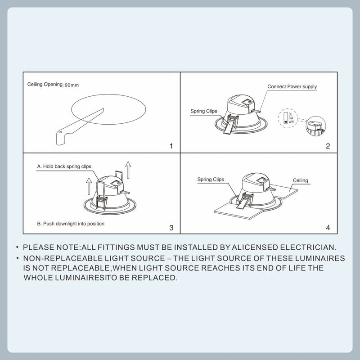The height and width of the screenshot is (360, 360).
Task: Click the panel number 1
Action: point(171,146)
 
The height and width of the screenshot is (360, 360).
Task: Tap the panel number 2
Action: point(328,146)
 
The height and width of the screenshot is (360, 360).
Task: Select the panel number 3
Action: point(171,228)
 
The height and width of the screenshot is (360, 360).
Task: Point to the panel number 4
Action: point(328,228)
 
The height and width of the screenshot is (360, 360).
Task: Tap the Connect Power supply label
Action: point(292,86)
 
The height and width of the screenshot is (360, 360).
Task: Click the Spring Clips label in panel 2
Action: point(204,111)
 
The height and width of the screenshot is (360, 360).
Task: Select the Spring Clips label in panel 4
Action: point(211,179)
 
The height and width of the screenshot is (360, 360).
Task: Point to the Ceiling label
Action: point(300,180)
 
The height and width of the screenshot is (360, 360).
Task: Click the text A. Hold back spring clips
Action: point(64,166)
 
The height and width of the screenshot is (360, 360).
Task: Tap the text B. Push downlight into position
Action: point(71,224)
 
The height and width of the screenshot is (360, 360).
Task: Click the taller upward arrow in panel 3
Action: point(128,170)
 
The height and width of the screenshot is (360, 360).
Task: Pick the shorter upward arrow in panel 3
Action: point(89,186)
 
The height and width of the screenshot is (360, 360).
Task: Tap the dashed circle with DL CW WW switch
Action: point(288,118)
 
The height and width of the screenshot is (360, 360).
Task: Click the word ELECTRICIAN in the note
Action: point(308,247)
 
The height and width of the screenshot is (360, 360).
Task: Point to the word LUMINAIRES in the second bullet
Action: point(320,258)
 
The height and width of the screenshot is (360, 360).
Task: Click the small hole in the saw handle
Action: point(60,132)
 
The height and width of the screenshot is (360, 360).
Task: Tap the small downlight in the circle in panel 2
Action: point(316,126)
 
